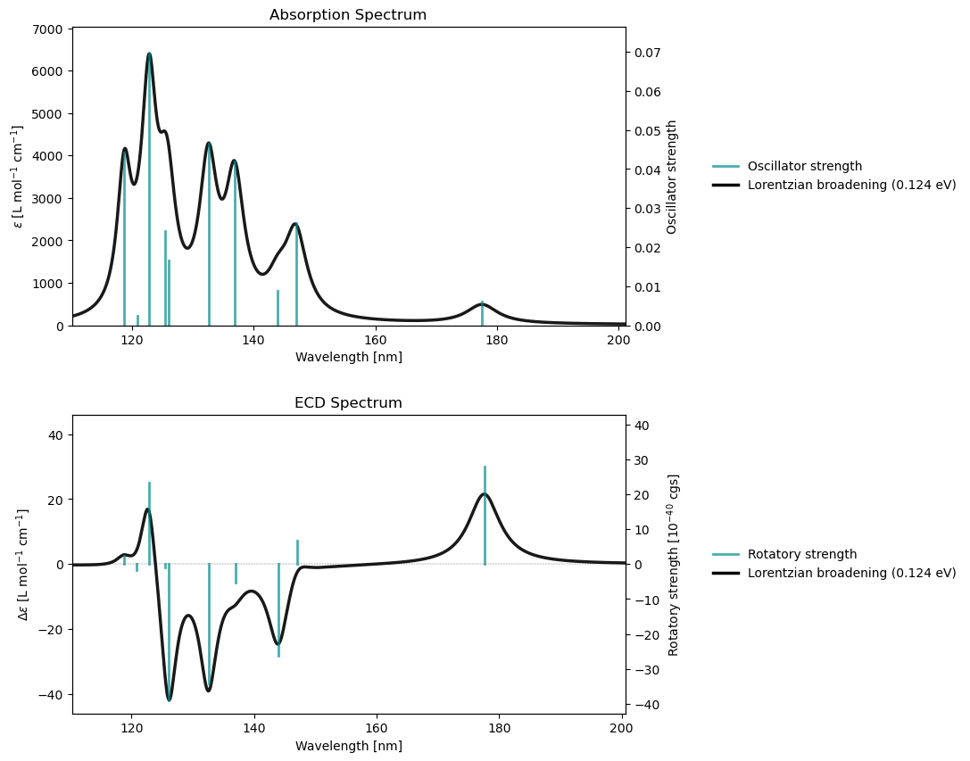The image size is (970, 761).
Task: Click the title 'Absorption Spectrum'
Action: pyautogui.click(x=348, y=15)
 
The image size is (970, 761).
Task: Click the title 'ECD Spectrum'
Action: pyautogui.click(x=348, y=403)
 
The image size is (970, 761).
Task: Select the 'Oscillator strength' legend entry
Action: pyautogui.click(x=804, y=166)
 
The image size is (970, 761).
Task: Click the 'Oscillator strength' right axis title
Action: pyautogui.click(x=672, y=177)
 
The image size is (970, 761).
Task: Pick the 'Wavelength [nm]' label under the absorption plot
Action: pyautogui.click(x=348, y=358)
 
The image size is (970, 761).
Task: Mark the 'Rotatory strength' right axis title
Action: pyautogui.click(x=674, y=565)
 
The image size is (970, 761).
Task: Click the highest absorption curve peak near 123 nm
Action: pyautogui.click(x=149, y=54)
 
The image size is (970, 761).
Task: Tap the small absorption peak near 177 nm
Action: pyautogui.click(x=482, y=304)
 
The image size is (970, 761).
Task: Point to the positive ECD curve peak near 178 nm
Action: pyautogui.click(x=485, y=494)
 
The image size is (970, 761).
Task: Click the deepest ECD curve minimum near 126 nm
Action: pyautogui.click(x=169, y=700)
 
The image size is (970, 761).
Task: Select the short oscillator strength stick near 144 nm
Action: pyautogui.click(x=278, y=307)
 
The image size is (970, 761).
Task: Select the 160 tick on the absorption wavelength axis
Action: pyautogui.click(x=376, y=340)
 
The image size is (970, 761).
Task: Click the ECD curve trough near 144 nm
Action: pyautogui.click(x=278, y=644)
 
